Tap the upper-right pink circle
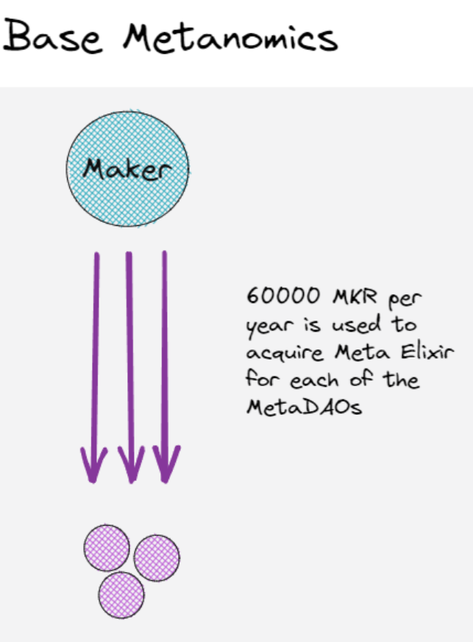157,557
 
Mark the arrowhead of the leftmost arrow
94,465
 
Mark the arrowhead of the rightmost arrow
166,465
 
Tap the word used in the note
360,324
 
